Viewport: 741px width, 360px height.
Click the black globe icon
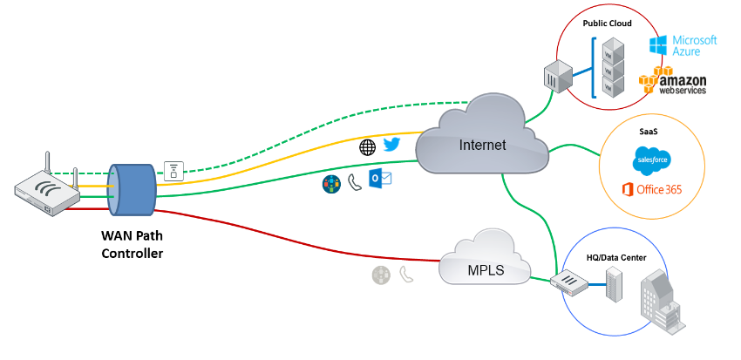point(368,147)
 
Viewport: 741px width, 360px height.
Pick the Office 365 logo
point(653,190)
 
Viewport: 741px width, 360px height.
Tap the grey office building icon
point(663,301)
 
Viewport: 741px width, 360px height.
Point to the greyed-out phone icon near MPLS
point(406,274)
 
